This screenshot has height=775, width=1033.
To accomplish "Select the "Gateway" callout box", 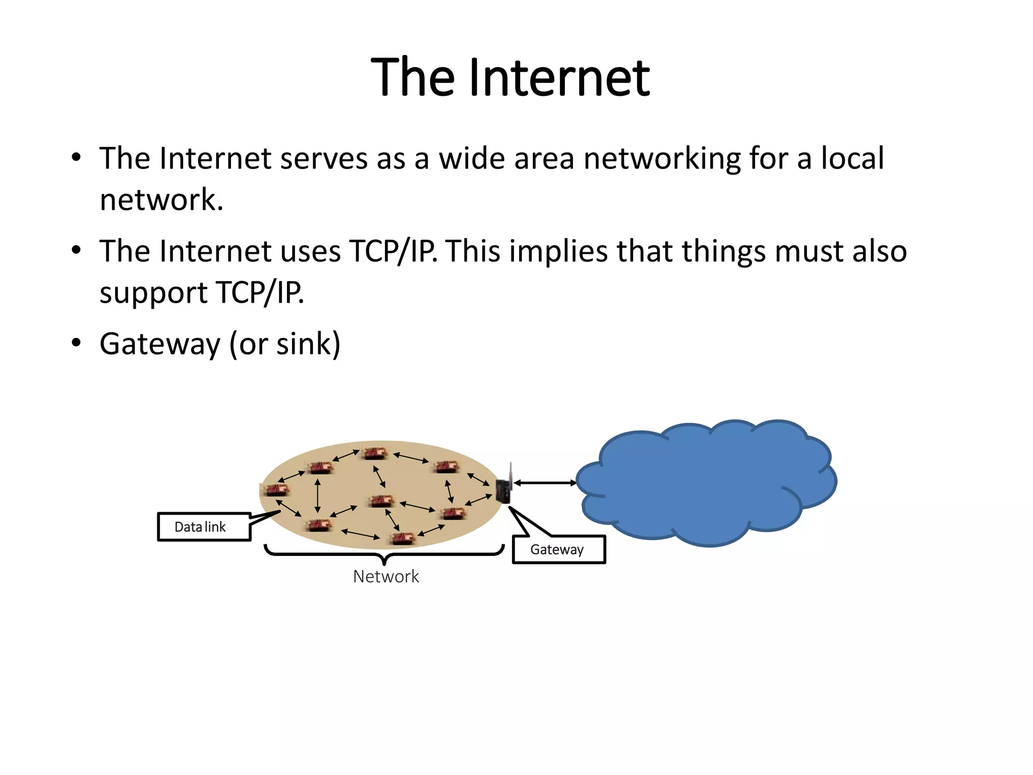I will [x=558, y=549].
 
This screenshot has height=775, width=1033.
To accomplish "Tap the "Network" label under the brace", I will [x=386, y=577].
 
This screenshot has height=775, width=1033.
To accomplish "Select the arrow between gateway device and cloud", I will [x=545, y=483].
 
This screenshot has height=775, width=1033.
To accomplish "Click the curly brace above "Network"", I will [x=384, y=553].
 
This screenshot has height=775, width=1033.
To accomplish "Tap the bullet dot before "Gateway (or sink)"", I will [x=76, y=343].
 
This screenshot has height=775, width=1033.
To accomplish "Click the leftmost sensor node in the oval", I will [x=276, y=489].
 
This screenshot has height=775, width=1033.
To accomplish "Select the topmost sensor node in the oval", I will [x=374, y=453].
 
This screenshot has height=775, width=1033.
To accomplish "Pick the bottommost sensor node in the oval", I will [x=403, y=538].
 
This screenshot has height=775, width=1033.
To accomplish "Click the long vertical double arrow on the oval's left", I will [x=317, y=495].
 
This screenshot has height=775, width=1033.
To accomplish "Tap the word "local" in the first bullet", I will [x=852, y=158].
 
